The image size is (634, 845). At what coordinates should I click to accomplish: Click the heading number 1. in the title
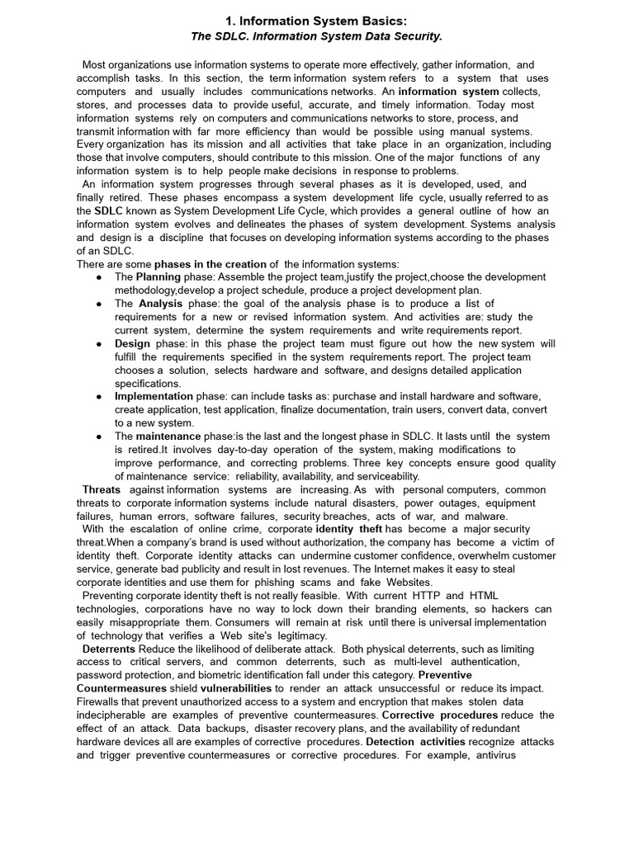click(233, 21)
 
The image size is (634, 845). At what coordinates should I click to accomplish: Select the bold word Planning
click(158, 277)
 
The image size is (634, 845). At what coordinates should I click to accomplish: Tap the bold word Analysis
click(160, 304)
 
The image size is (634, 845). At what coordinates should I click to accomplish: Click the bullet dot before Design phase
click(99, 343)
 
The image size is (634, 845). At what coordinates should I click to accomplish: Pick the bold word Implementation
click(154, 396)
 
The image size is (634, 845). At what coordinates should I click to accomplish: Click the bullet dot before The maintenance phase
click(99, 436)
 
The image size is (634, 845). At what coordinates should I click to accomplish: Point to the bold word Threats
click(102, 489)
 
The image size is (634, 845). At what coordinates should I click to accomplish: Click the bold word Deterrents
click(110, 649)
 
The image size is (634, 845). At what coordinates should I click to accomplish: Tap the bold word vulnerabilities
click(235, 688)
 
